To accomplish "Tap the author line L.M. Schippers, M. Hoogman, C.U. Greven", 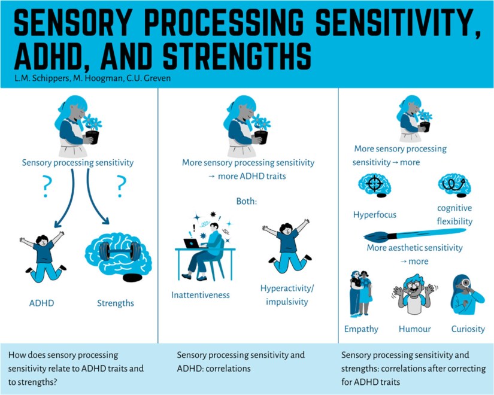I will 89,79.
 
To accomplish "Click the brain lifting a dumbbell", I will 117,256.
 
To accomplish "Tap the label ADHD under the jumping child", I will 41,303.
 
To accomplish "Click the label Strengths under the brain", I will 116,303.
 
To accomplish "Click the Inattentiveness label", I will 201,295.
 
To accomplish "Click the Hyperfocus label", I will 374,214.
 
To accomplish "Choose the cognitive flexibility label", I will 455,215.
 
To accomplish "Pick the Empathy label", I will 361,329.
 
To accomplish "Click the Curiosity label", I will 467,329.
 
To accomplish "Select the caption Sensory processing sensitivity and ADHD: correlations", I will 241,361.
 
